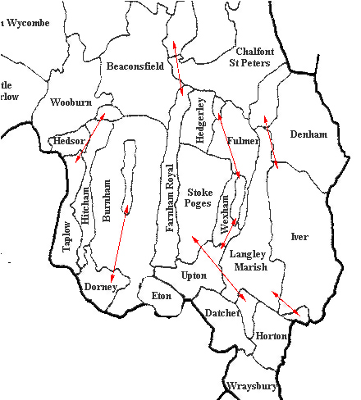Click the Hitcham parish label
pos(85,216)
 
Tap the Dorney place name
pos(101,287)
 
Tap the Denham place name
pos(308,134)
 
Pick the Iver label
pos(299,237)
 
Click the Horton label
pos(272,336)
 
